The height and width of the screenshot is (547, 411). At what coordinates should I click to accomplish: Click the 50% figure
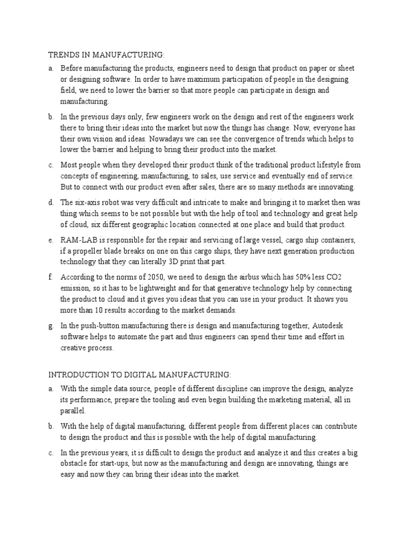pos(302,277)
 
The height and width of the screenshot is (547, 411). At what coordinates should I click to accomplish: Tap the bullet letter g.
pos(50,326)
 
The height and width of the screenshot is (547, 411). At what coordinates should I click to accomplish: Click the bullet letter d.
pos(50,203)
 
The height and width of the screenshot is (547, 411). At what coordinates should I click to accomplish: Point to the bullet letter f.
pos(50,277)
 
